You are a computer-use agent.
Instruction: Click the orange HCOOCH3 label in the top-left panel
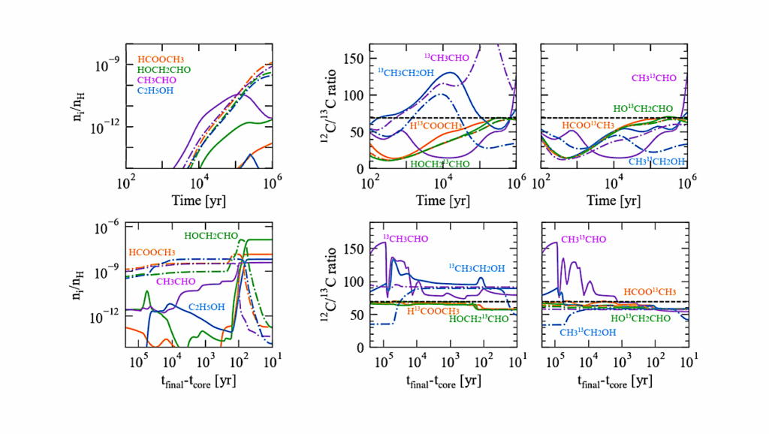click(160, 59)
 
